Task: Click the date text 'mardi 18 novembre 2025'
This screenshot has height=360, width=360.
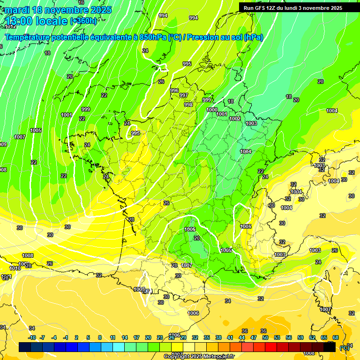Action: (58, 10)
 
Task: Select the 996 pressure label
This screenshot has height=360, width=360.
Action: (174, 90)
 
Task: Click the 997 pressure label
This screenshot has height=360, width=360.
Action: (184, 95)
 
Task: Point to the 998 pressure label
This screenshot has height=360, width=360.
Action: (188, 105)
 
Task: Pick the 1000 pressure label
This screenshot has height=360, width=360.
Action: (212, 110)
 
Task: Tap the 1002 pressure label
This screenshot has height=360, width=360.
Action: (235, 119)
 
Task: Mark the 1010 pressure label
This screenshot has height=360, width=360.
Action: (15, 268)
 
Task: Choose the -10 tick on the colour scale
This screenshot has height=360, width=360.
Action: (32, 337)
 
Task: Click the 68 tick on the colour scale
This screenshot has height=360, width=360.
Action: (336, 337)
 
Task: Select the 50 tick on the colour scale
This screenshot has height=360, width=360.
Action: (265, 337)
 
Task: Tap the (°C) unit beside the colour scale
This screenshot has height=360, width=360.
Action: (345, 347)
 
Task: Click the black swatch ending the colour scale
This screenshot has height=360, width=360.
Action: (330, 347)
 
